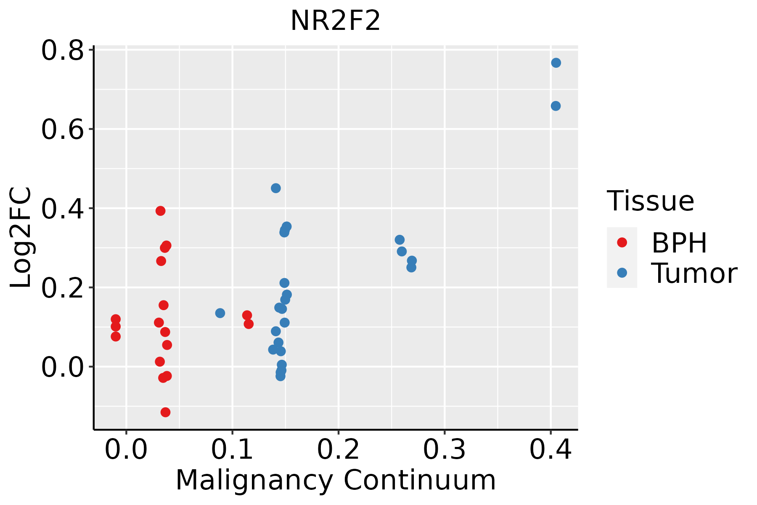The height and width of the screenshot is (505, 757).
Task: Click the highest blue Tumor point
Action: (556, 63)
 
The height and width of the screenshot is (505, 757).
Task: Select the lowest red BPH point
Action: (166, 412)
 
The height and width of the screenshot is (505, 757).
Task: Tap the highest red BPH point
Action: (160, 211)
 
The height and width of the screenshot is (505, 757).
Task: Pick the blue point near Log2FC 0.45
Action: (276, 188)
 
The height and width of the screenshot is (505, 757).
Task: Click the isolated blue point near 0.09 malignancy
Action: (220, 313)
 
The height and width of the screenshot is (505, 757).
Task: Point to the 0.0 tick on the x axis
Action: (126, 449)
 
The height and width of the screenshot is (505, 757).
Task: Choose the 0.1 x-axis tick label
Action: (232, 449)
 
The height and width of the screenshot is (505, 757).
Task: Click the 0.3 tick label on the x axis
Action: (444, 449)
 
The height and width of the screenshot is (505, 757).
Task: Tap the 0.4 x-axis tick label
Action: (550, 449)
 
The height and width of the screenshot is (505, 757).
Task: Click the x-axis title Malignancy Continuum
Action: (335, 480)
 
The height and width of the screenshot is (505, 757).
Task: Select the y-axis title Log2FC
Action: (21, 238)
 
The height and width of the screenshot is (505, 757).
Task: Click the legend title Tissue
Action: (650, 201)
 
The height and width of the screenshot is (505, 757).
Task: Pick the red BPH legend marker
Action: (622, 242)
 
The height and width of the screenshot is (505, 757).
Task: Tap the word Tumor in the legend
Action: (694, 274)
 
